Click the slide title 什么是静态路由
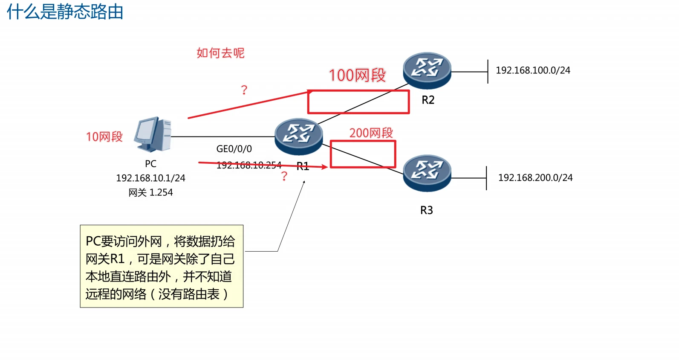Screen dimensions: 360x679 coord(65,12)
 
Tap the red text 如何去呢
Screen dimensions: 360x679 coord(220,53)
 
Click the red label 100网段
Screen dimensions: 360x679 coord(357,75)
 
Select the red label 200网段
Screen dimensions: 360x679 coord(371,133)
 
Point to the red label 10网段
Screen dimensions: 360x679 coord(104,136)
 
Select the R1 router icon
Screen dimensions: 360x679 coord(298,136)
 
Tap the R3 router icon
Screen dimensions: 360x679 coord(427,173)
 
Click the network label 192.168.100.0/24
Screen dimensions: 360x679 coord(533,70)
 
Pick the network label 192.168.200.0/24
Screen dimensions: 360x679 coord(535,177)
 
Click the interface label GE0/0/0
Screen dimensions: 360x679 coord(234,149)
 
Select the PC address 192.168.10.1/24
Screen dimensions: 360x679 coord(150,178)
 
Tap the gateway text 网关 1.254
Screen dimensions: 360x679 coord(150,192)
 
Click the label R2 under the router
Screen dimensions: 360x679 coord(428,100)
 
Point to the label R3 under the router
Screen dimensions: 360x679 coord(426,210)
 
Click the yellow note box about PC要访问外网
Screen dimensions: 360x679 coord(162,266)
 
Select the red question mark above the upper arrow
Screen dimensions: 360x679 coord(244,90)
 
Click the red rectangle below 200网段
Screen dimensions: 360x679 coord(363,154)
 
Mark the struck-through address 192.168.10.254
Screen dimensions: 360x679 coord(249,165)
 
